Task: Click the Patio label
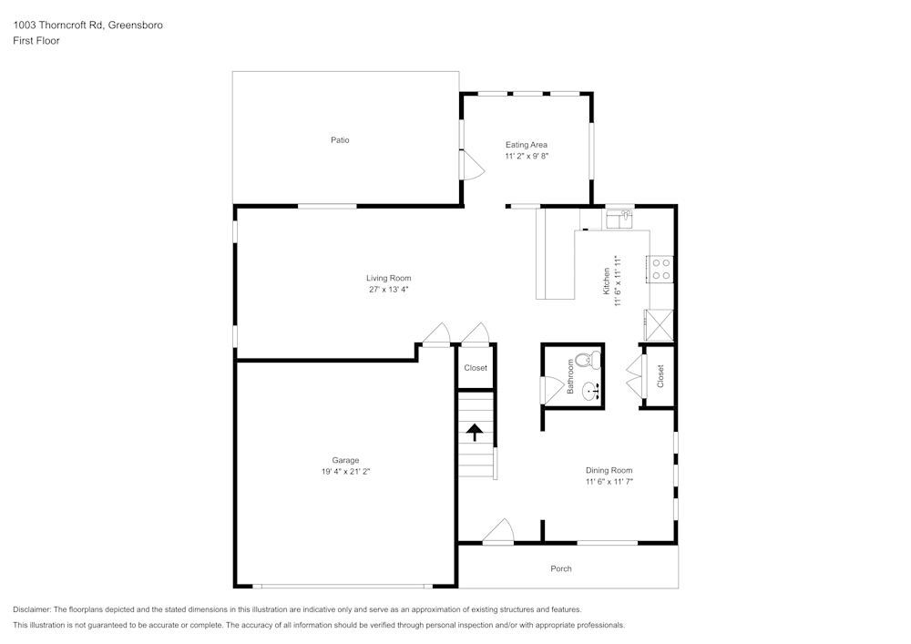[340, 140]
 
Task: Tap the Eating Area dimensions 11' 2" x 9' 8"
[527, 157]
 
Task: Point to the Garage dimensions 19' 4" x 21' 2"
[345, 472]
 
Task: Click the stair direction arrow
[475, 432]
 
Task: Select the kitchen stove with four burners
[660, 269]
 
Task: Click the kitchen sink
[623, 218]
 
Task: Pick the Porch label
[561, 568]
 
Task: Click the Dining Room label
[609, 470]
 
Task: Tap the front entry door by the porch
[498, 533]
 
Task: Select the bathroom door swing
[552, 390]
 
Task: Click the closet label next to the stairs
[476, 368]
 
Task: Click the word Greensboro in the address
[136, 26]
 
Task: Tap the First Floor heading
[36, 41]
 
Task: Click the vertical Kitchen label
[606, 281]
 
